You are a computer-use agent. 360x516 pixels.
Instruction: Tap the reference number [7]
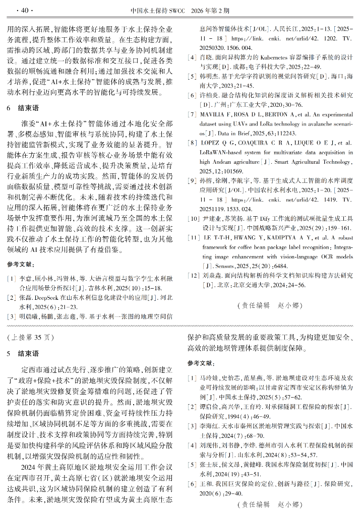pos(192,114)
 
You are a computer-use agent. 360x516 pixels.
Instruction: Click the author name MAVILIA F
pos(218,114)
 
